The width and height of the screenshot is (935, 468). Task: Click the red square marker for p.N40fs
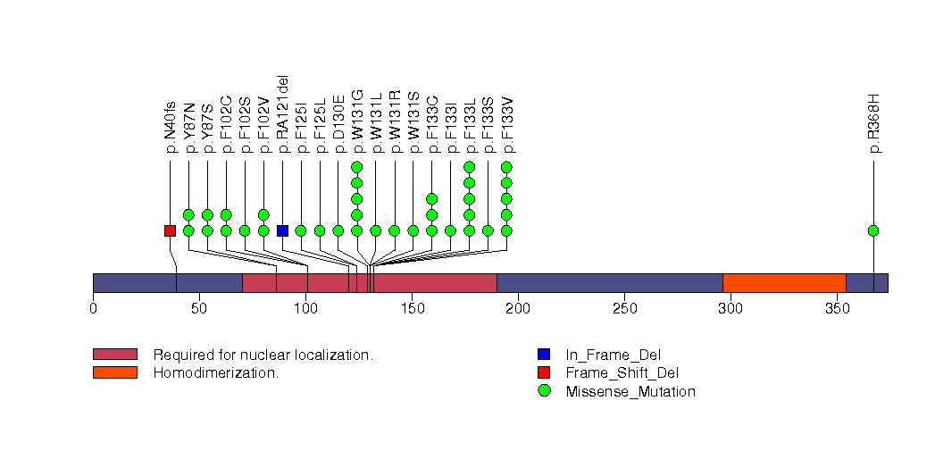pos(170,230)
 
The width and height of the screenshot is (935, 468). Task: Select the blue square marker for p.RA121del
pos(282,230)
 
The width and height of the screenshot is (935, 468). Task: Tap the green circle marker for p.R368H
pos(873,230)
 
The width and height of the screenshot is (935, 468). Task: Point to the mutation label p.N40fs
pos(170,125)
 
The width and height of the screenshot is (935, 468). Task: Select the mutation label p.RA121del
pos(282,114)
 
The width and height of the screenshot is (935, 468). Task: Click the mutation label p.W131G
pos(357,121)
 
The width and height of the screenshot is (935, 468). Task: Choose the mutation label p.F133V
pos(507,121)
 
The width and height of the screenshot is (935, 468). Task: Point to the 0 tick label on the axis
pos(93,309)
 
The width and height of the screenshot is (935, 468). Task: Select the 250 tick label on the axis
pos(624,309)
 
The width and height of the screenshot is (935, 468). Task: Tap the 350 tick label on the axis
pos(837,309)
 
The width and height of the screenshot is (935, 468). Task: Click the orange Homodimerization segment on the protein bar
pos(783,282)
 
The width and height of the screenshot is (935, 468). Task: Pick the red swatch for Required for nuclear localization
pos(114,355)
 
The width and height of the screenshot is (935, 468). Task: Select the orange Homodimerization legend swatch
pos(114,372)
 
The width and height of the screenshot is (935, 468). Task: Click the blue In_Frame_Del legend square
pos(544,355)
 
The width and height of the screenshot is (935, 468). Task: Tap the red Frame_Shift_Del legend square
pos(544,372)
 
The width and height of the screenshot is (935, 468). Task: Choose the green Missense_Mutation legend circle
pos(544,391)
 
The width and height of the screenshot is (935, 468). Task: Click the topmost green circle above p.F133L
pos(470,167)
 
